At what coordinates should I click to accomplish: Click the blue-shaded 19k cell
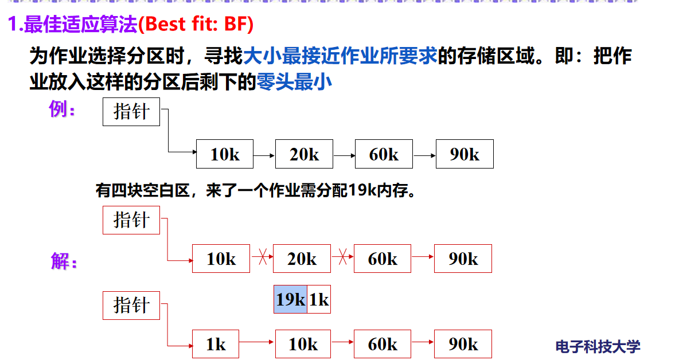(290, 299)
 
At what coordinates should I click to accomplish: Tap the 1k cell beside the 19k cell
(319, 299)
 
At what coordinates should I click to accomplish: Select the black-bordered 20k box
(304, 154)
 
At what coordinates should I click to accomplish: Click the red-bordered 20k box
(302, 259)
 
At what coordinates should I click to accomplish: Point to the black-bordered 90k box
(465, 154)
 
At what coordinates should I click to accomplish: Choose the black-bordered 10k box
(225, 154)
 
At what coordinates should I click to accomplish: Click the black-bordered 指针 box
(131, 111)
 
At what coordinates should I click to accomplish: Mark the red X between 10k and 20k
(262, 258)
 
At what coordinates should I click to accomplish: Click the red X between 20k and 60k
(342, 258)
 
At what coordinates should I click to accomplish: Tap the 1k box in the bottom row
(216, 344)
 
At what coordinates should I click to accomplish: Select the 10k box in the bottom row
(303, 344)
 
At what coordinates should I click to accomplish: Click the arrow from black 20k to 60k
(344, 154)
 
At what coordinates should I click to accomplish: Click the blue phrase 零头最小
(295, 83)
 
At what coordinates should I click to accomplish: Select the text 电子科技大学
(598, 346)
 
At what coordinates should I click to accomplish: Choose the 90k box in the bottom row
(463, 344)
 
